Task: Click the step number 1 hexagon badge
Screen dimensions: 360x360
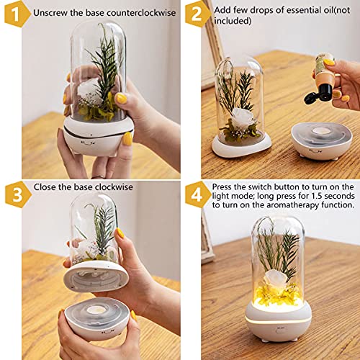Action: tap(16, 14)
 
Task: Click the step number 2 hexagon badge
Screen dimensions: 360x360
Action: tap(197, 14)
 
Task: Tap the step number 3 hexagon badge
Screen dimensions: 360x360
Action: tap(17, 194)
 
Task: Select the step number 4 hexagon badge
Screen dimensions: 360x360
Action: tap(197, 194)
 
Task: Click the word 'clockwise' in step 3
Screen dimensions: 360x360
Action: tap(114, 187)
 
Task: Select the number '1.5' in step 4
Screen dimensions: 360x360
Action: tap(317, 196)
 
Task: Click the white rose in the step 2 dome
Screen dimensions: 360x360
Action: tap(243, 118)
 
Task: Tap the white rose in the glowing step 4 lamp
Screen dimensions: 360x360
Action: tap(275, 279)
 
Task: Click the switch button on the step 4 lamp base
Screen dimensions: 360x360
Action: tap(279, 331)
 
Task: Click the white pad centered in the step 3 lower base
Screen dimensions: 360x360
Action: tap(96, 310)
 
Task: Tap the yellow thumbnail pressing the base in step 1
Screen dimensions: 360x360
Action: tap(127, 139)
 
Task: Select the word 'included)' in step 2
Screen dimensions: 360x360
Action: tap(233, 21)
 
